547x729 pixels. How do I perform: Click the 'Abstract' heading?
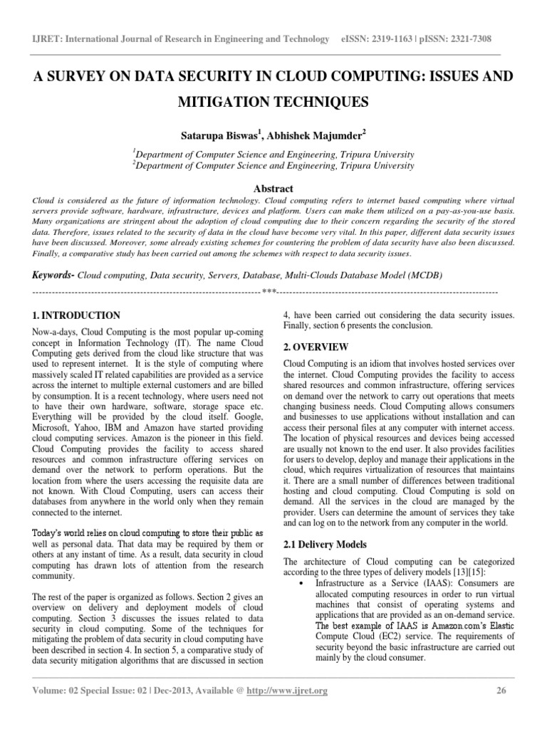(x=273, y=189)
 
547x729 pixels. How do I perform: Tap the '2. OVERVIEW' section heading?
(x=316, y=347)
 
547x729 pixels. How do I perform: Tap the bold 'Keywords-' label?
(x=53, y=275)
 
